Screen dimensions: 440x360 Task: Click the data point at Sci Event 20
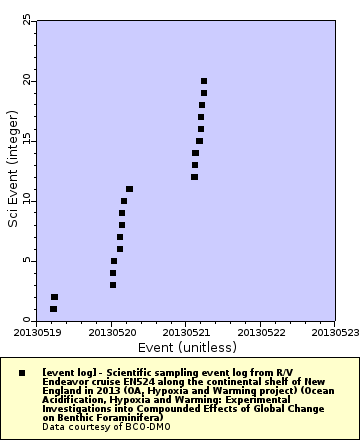(x=204, y=81)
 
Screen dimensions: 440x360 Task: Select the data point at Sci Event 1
(x=53, y=309)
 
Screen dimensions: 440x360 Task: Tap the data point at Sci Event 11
(x=129, y=189)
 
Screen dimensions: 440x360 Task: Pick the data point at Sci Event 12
(x=194, y=177)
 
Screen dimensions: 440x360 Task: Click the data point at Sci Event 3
(x=113, y=285)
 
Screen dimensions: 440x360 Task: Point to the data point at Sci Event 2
(x=54, y=297)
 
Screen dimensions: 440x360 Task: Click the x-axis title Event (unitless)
(x=187, y=347)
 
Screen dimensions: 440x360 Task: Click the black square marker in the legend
(x=22, y=372)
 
